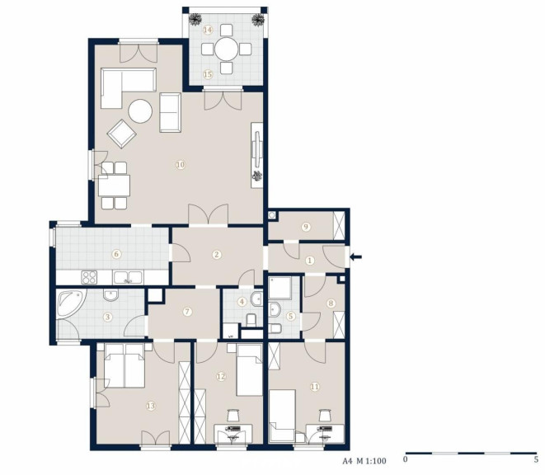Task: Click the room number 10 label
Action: (180, 164)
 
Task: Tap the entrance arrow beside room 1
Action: (355, 257)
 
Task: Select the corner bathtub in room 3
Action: (71, 303)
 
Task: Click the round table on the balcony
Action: (226, 49)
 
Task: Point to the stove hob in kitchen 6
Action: (89, 277)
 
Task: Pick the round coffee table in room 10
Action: (140, 111)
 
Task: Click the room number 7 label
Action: (187, 311)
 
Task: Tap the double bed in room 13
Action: (124, 365)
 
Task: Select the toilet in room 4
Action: (251, 320)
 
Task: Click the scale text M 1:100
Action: (371, 461)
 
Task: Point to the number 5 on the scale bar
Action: (536, 459)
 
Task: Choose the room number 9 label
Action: (306, 227)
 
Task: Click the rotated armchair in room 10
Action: (122, 134)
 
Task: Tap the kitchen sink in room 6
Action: (128, 277)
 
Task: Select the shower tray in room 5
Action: (280, 288)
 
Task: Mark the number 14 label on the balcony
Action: (208, 30)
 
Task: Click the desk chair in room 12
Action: (233, 416)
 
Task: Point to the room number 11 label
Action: (315, 386)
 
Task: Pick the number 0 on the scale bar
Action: (406, 459)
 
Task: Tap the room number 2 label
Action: (217, 255)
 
